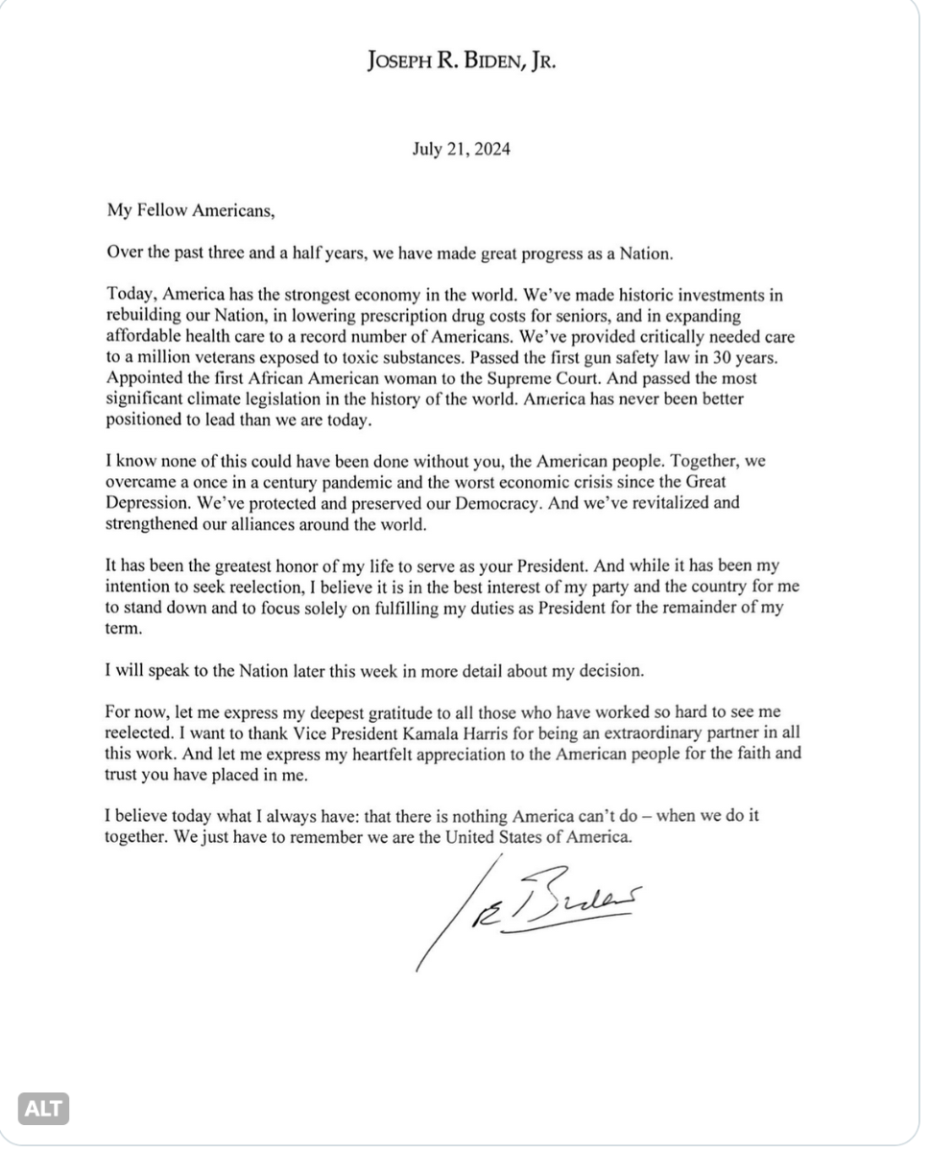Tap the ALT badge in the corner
[43, 1110]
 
